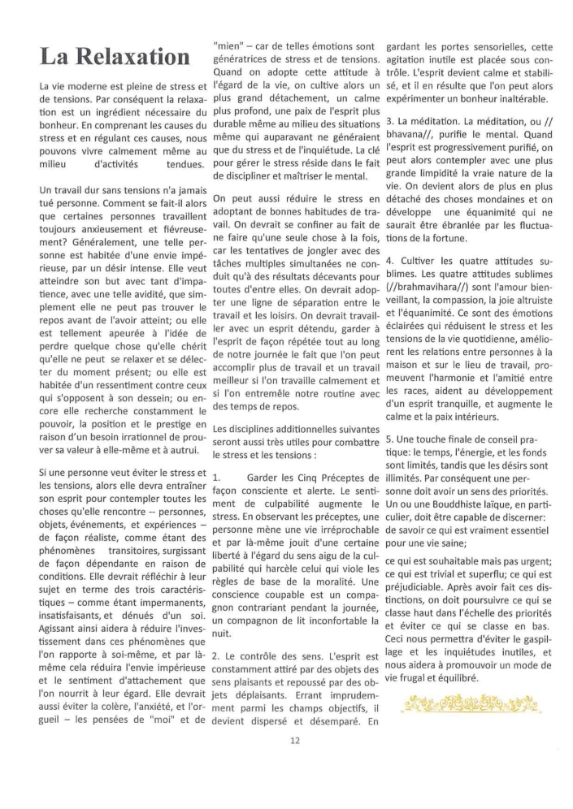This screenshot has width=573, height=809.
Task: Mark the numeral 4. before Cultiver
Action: (390, 261)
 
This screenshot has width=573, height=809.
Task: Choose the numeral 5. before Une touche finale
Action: (389, 439)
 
